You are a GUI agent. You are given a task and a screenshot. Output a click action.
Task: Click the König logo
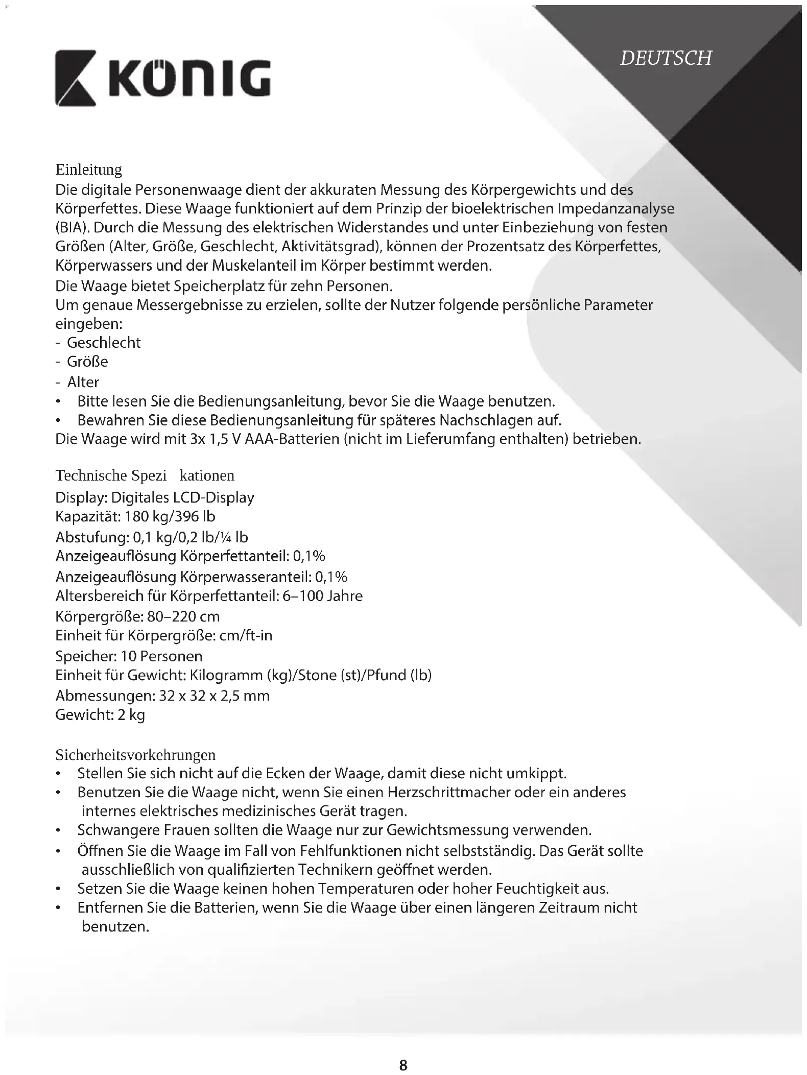[162, 78]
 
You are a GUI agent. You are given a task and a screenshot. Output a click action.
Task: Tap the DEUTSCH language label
[665, 58]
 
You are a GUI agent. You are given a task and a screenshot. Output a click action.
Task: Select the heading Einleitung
[88, 170]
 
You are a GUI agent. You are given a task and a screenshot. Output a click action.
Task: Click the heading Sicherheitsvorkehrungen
[135, 755]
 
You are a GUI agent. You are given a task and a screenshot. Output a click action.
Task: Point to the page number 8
[403, 1051]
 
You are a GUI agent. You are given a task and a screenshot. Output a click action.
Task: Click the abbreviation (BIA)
[74, 228]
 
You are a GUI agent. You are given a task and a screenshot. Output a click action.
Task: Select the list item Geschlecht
[104, 343]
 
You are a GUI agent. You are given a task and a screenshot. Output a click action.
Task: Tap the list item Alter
[83, 382]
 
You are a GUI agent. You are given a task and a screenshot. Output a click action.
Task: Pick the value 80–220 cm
[183, 617]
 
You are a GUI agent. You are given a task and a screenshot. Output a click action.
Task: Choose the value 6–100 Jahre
[322, 596]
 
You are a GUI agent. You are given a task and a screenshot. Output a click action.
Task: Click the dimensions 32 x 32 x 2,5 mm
[214, 696]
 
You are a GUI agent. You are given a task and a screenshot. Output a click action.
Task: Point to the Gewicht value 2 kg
[131, 715]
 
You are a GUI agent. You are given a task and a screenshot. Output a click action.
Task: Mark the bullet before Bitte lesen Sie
[60, 402]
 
